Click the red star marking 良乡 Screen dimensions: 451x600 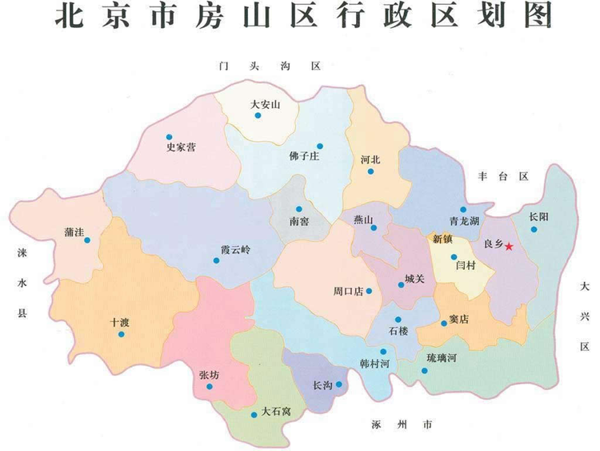509,247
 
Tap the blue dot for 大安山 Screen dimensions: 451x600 258,116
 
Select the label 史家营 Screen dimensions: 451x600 181,147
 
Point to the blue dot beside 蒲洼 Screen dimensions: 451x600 87,240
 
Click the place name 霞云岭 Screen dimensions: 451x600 235,249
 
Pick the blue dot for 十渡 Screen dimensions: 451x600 122,334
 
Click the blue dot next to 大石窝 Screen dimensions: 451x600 254,415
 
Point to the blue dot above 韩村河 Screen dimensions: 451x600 384,352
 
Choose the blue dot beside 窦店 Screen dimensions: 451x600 444,324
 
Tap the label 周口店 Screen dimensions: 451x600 348,291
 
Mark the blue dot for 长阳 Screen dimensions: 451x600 534,229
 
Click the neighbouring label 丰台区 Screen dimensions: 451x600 503,176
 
